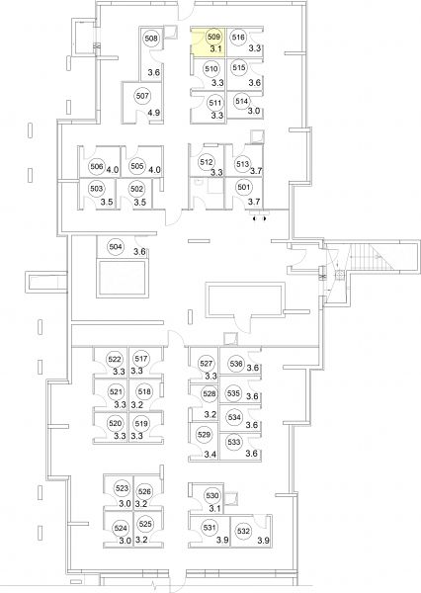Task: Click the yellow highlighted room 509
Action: point(209,42)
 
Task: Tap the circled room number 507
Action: point(142,96)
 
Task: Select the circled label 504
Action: point(116,247)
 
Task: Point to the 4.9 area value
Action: point(154,113)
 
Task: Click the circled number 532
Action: point(243,531)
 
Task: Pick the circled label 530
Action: point(212,495)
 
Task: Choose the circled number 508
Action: point(151,39)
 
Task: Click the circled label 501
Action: point(244,187)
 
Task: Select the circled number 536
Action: point(236,364)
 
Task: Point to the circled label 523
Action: point(123,488)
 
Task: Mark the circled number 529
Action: point(204,435)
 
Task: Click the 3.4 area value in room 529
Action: point(210,455)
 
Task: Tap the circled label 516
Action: point(239,38)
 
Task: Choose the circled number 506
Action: point(97,166)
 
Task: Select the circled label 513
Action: point(242,164)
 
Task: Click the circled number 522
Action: point(115,360)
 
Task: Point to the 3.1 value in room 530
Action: point(214,509)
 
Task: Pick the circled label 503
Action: point(97,189)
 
